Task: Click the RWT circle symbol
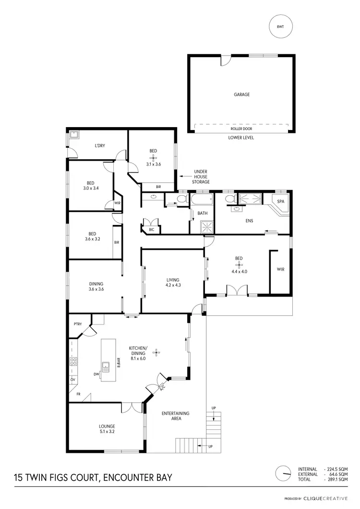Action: pos(280,27)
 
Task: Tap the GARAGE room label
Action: pos(241,95)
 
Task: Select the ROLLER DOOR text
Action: pos(241,129)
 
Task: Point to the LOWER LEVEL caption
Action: pos(241,138)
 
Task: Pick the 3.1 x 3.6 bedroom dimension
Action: pos(153,164)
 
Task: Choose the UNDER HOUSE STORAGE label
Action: pos(201,177)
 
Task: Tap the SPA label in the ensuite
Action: pos(281,201)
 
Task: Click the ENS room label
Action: pos(249,221)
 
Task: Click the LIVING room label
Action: pos(173,280)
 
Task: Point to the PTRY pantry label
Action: pos(78,324)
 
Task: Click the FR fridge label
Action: pos(78,394)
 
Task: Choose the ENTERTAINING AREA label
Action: pos(175,416)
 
